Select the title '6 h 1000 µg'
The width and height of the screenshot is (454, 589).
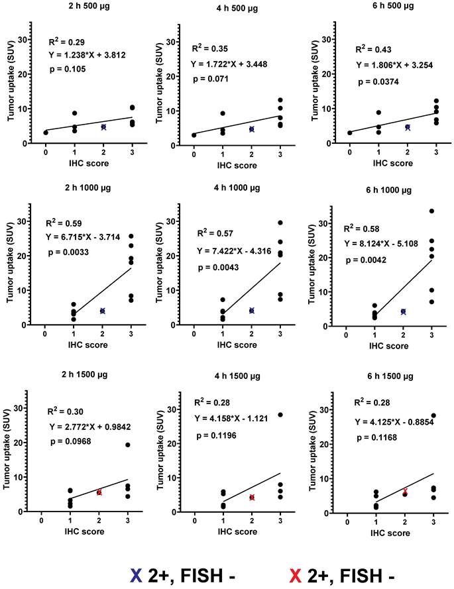[384, 190]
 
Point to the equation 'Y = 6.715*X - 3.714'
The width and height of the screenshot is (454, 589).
[85, 237]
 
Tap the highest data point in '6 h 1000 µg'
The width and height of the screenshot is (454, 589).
[431, 211]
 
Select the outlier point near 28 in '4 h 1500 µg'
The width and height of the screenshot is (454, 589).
[280, 415]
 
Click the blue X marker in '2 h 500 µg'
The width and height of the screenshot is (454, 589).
[103, 127]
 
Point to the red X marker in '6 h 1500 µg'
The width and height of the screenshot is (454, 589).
[406, 491]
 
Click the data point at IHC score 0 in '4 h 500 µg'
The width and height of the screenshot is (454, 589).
[194, 135]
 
